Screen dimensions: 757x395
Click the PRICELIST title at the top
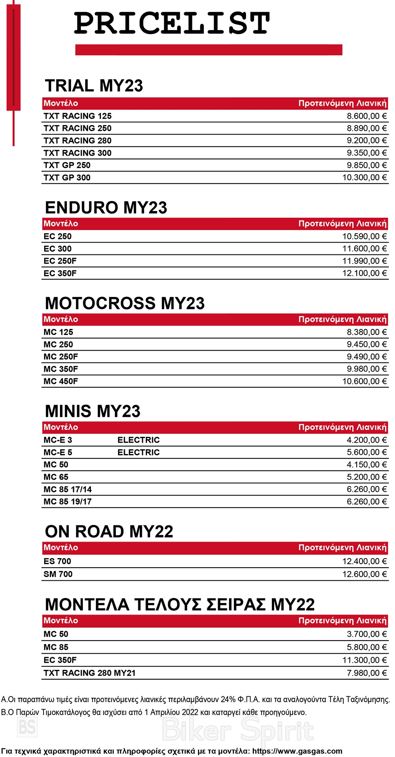click(172, 23)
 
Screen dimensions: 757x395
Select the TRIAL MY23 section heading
click(94, 86)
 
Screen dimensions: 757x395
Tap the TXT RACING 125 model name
click(77, 116)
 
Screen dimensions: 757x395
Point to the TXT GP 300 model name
click(67, 178)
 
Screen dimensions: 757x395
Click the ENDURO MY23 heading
click(106, 207)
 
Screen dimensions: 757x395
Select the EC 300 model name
click(57, 249)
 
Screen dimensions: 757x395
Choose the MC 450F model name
click(60, 381)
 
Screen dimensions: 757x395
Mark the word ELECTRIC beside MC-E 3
click(138, 440)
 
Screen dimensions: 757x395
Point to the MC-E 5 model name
click(58, 452)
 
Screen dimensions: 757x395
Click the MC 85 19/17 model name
click(67, 502)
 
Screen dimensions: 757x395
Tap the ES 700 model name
click(57, 561)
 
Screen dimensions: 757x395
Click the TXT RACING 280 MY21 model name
click(89, 673)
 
